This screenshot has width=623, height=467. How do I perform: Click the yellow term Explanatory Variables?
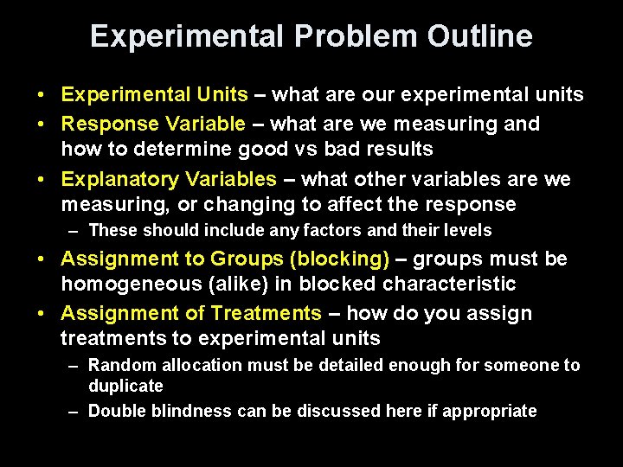[169, 179]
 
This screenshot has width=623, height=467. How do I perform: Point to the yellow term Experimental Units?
[155, 94]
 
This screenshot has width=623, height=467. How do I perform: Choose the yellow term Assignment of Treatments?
[191, 313]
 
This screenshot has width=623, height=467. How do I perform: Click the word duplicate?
[125, 386]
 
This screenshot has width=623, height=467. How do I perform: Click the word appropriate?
[491, 412]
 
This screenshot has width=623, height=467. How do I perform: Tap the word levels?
[468, 231]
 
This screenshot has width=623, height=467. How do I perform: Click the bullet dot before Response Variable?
[42, 124]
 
